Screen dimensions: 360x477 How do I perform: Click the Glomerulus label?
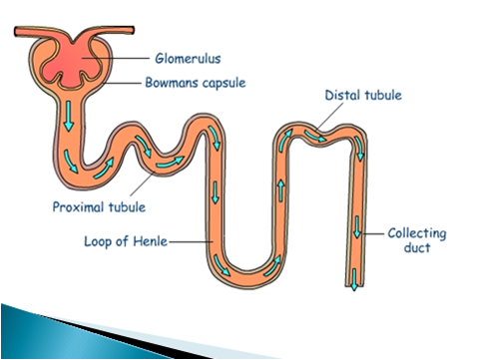[190, 60]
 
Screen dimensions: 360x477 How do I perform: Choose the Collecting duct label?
[417, 240]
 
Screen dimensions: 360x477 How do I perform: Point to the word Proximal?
[73, 207]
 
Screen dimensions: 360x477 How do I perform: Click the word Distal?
[342, 96]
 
